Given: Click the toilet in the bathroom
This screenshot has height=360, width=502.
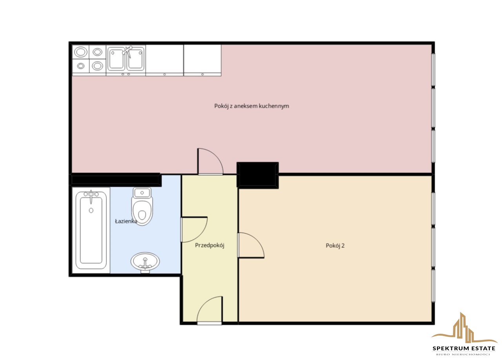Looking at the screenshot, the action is pyautogui.click(x=142, y=206).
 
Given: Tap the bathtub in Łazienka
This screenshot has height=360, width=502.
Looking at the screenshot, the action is pyautogui.click(x=91, y=230).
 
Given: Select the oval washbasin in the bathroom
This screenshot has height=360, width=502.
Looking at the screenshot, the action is pyautogui.click(x=145, y=262).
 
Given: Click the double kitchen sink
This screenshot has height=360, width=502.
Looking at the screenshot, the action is pyautogui.click(x=126, y=59).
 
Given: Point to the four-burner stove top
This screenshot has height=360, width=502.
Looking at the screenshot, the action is pyautogui.click(x=89, y=59).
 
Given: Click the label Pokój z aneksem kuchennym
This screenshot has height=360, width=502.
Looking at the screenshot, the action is pyautogui.click(x=251, y=106).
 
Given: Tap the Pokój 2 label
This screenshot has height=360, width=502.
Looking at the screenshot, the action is pyautogui.click(x=335, y=245).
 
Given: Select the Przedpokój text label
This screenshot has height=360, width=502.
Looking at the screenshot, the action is pyautogui.click(x=209, y=245).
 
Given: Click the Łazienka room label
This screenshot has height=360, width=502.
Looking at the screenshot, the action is pyautogui.click(x=126, y=221).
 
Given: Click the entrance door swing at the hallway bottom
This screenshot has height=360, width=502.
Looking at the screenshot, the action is pyautogui.click(x=210, y=311).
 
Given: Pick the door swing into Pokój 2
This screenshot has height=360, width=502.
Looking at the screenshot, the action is pyautogui.click(x=251, y=245).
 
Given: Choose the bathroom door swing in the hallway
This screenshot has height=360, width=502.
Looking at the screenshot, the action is pyautogui.click(x=194, y=229).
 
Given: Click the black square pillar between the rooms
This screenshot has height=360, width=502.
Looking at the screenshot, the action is pyautogui.click(x=258, y=175).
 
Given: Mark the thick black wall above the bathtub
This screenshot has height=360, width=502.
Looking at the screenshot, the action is pyautogui.click(x=116, y=180).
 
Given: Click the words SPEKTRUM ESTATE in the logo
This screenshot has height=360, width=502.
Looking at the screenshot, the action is pyautogui.click(x=464, y=348).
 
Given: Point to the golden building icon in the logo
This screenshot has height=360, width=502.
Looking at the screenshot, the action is pyautogui.click(x=464, y=328).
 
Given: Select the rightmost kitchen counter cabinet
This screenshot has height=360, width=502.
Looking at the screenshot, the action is pyautogui.click(x=202, y=60).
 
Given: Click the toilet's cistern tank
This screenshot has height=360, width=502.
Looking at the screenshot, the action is pyautogui.click(x=142, y=192).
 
